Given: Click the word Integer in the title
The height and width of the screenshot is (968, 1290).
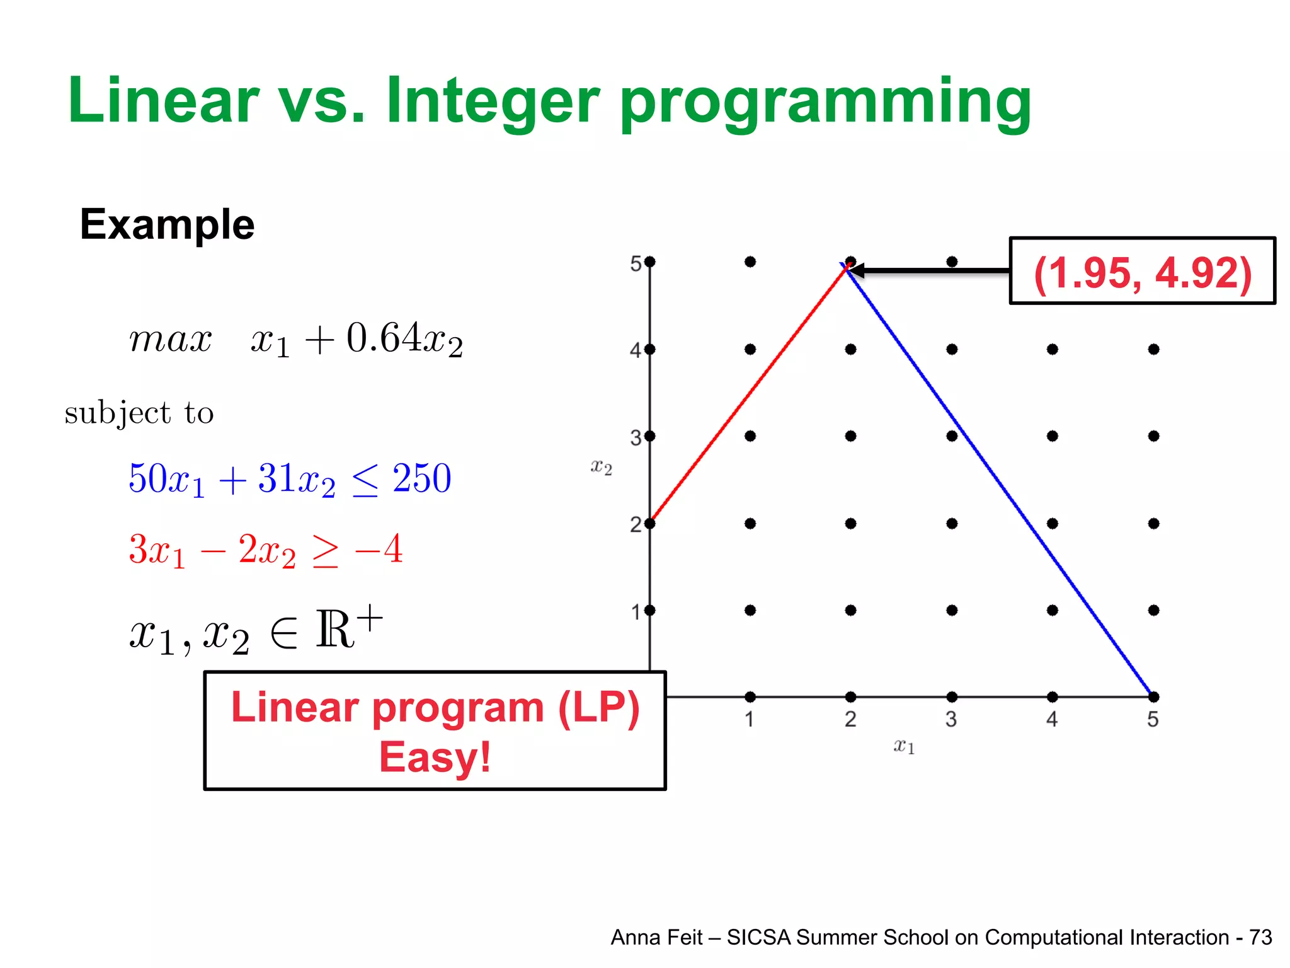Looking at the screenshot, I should tap(491, 101).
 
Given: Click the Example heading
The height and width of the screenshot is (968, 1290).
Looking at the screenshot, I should tap(167, 225).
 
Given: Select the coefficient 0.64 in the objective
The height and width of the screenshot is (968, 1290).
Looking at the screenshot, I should tap(383, 338).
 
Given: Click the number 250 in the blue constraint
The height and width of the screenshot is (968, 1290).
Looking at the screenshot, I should tap(421, 478).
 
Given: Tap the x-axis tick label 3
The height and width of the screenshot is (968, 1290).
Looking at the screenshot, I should tap(951, 719).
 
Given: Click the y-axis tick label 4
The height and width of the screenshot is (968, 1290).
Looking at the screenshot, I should tap(636, 350).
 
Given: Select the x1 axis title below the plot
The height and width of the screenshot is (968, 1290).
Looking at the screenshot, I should tap(903, 746).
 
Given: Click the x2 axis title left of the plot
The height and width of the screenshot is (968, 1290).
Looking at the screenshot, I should tap(601, 467).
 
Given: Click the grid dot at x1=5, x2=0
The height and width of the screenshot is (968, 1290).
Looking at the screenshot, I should tap(1153, 696).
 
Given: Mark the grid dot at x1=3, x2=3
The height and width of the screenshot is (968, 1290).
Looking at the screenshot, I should tap(952, 436).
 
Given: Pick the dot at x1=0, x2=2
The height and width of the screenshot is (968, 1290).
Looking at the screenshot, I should tap(650, 523).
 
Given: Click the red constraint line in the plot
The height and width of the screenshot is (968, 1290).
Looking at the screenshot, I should tap(750, 395).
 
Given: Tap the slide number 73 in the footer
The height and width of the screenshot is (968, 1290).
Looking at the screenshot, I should tap(1260, 937).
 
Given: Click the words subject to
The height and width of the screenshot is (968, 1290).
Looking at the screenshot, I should tap(139, 413).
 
